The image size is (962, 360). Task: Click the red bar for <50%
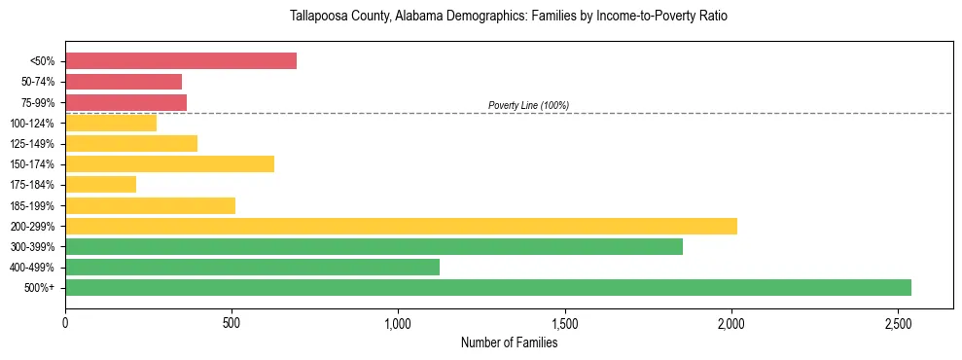click(181, 61)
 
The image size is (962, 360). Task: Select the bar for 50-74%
click(124, 82)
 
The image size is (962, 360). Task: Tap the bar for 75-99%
click(125, 102)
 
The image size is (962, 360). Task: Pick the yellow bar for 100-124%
click(111, 123)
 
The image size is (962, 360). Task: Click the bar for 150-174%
click(169, 164)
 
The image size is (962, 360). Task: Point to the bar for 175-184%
click(100, 185)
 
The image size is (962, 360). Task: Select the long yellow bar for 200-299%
click(401, 226)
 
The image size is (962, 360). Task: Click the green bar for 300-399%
click(374, 246)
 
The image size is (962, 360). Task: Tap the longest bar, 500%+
click(488, 287)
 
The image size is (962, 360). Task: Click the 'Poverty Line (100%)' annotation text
click(528, 106)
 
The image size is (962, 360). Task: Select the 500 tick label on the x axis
click(232, 322)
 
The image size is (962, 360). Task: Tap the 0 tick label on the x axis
click(65, 322)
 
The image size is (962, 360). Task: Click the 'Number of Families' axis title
click(509, 342)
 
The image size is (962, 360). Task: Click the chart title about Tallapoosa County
click(509, 17)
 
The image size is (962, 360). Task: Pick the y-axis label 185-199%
click(32, 205)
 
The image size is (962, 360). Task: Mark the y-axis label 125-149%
click(32, 144)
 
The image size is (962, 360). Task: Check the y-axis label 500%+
click(39, 288)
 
